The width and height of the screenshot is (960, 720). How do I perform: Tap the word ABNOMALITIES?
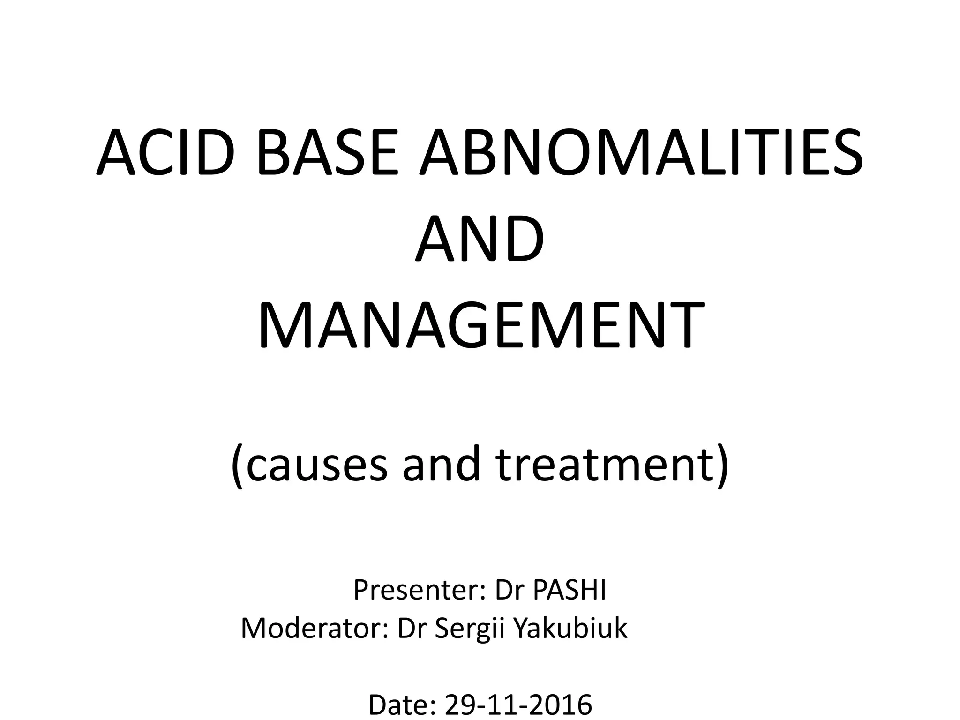pos(641,153)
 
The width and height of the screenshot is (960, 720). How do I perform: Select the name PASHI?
pos(570,590)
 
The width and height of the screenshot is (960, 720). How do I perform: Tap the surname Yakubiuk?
pos(570,628)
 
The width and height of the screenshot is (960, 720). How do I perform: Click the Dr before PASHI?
pos(509,590)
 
